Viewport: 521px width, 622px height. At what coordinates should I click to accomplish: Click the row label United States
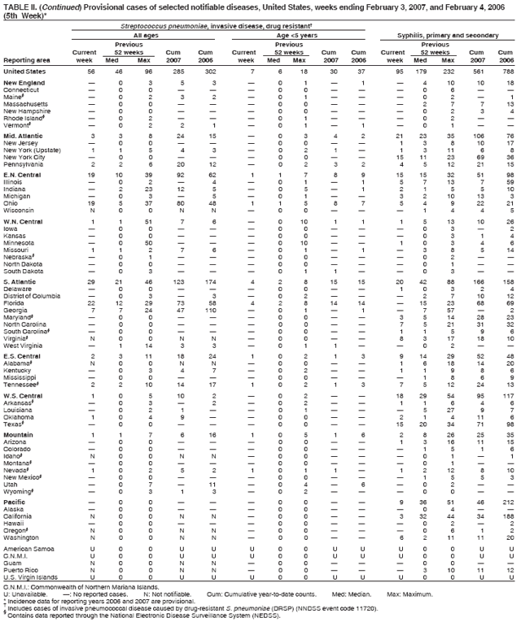click(x=26, y=72)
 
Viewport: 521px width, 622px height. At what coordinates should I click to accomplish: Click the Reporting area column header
click(x=27, y=59)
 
